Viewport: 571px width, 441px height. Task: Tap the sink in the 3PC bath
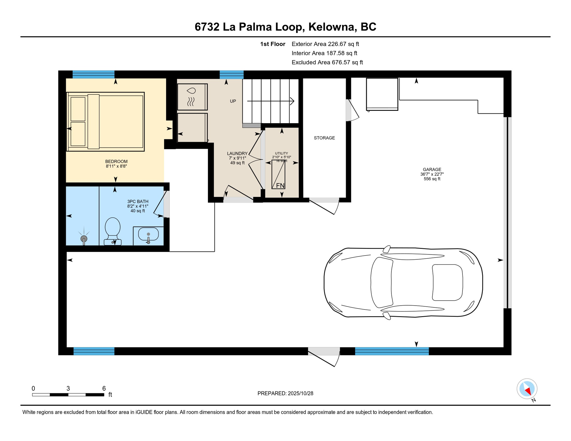pos(148,234)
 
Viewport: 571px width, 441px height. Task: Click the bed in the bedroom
pos(106,122)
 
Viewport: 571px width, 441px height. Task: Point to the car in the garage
pos(403,283)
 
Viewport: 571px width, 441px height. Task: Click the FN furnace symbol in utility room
pos(278,175)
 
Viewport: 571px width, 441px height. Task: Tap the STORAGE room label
pos(324,138)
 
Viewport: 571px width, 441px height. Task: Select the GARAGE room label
pos(432,169)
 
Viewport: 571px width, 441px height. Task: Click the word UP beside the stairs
pos(233,101)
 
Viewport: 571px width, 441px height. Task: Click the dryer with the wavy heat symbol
pos(192,97)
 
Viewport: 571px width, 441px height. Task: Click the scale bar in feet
pos(68,394)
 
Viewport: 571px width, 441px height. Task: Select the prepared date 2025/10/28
pos(285,393)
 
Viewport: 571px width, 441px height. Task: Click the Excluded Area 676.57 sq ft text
pos(327,62)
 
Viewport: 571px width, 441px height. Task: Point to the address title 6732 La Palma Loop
pos(285,27)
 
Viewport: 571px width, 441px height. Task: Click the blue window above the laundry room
pos(232,74)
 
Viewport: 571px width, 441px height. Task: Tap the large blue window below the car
pos(392,351)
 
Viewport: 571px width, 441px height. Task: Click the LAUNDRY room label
pos(237,153)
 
